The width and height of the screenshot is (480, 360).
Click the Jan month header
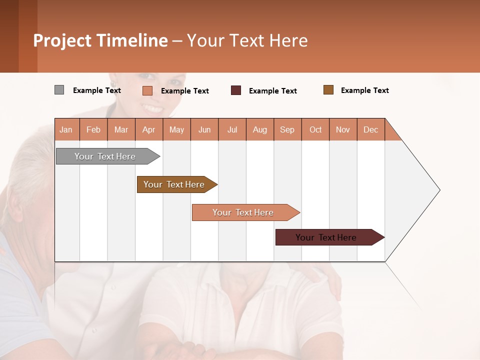click(66, 129)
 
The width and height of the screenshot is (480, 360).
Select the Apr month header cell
click(149, 129)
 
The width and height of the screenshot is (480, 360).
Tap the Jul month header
click(232, 129)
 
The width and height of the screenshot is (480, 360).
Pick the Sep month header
click(287, 129)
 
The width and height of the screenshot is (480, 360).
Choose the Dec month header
click(370, 129)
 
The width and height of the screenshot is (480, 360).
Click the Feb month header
click(93, 129)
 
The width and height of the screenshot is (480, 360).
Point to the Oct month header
click(315, 129)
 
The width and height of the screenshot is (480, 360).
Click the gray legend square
click(59, 90)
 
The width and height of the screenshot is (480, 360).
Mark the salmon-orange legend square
click(147, 90)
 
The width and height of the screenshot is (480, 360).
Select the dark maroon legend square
click(236, 90)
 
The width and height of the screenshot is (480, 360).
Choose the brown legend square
click(328, 90)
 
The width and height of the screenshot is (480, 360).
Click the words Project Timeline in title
click(100, 40)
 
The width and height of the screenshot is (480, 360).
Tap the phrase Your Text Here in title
click(247, 40)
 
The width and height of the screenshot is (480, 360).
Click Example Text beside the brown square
click(364, 90)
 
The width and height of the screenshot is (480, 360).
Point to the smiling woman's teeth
click(152, 108)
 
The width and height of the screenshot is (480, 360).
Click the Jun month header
click(204, 129)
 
